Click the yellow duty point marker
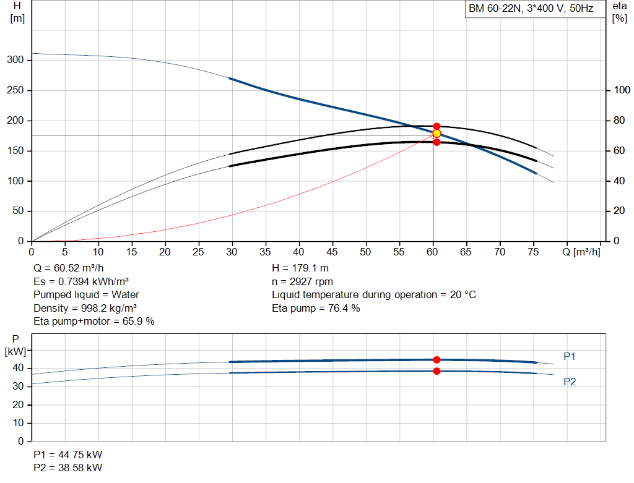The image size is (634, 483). pyautogui.click(x=436, y=134)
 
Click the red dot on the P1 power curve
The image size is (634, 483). pyautogui.click(x=436, y=360)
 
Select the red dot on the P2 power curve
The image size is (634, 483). pyautogui.click(x=436, y=371)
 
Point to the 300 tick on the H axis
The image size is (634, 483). pyautogui.click(x=15, y=60)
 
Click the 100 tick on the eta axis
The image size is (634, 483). pyautogui.click(x=622, y=90)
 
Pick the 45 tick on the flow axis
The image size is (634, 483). pyautogui.click(x=332, y=252)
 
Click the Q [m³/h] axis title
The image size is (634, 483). pyautogui.click(x=581, y=252)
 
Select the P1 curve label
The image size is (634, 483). pyautogui.click(x=570, y=356)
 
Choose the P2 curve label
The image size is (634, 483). pyautogui.click(x=570, y=382)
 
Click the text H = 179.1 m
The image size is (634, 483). pyautogui.click(x=300, y=268)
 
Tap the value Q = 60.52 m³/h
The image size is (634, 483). pyautogui.click(x=69, y=268)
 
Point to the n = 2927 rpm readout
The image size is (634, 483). pyautogui.click(x=302, y=281)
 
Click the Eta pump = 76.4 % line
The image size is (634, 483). pyautogui.click(x=316, y=308)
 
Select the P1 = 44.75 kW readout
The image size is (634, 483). pyautogui.click(x=68, y=455)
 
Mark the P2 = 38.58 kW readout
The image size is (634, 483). pyautogui.click(x=68, y=468)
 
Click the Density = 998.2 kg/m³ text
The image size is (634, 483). pyautogui.click(x=85, y=308)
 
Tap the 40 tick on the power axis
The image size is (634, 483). pyautogui.click(x=18, y=368)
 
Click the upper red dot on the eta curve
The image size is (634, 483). pyautogui.click(x=436, y=126)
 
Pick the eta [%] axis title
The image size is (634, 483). pyautogui.click(x=620, y=12)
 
